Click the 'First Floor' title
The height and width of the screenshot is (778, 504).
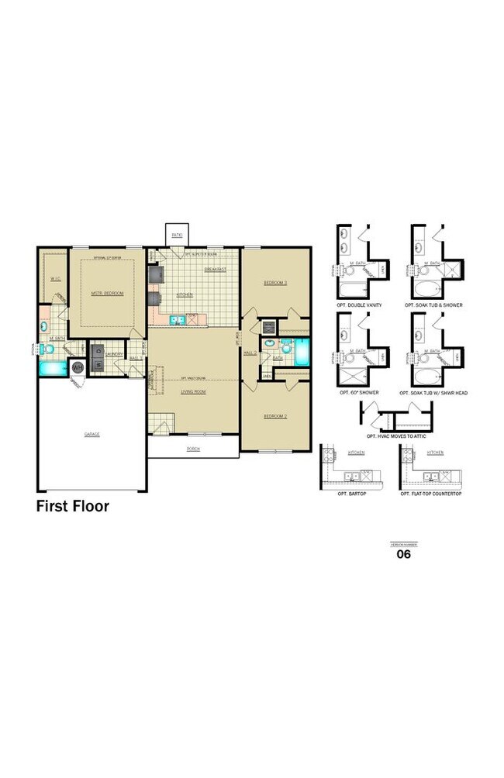[73, 507]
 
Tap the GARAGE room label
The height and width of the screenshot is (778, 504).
[92, 434]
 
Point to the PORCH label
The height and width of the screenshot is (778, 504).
[193, 449]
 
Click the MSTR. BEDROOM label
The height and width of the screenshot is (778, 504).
[107, 294]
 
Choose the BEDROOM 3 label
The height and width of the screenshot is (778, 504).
[275, 283]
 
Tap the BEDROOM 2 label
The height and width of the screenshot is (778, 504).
[275, 416]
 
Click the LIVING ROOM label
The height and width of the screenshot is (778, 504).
[193, 392]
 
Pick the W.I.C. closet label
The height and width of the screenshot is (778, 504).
[55, 278]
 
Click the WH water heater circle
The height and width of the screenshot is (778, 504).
[78, 367]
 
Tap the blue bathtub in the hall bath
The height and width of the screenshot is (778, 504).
[301, 350]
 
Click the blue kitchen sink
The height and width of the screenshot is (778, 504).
[176, 318]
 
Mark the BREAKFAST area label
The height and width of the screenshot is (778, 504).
[215, 269]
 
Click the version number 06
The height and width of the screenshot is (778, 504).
[403, 554]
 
